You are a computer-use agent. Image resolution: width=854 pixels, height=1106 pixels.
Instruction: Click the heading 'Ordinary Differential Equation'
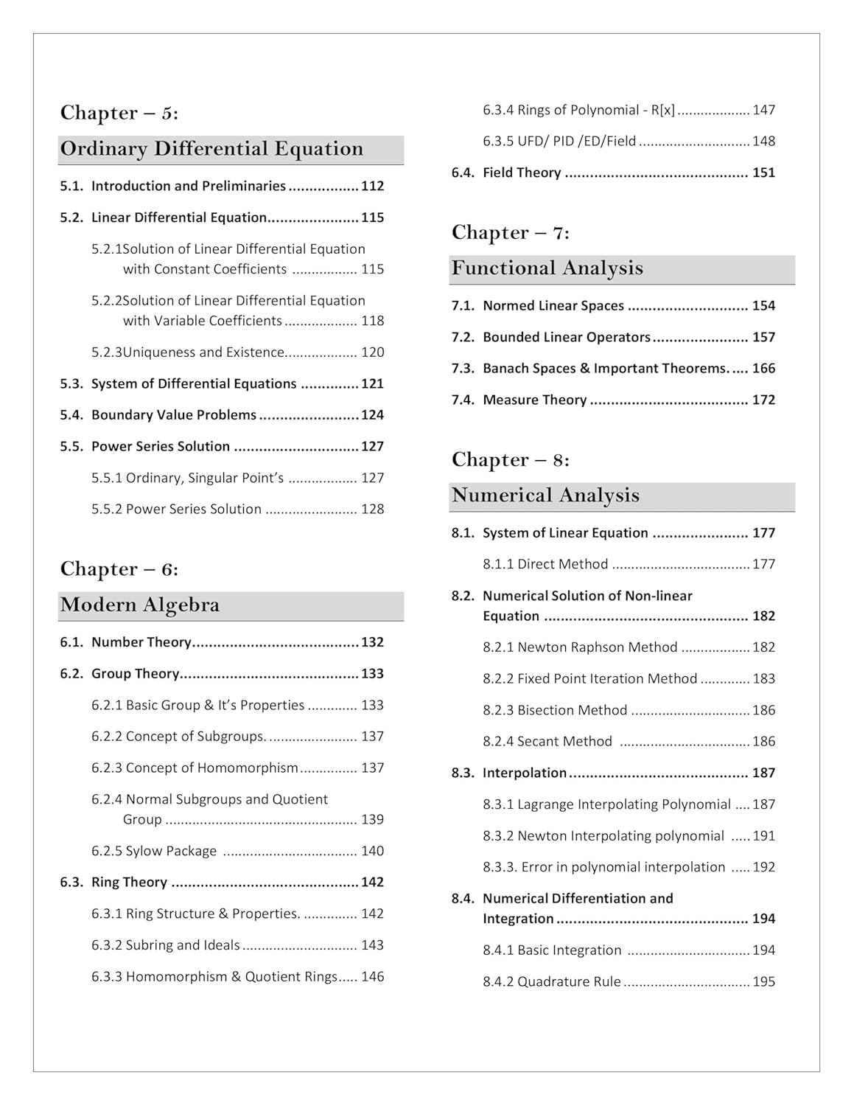(211, 149)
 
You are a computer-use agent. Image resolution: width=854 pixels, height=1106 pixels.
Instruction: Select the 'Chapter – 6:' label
(119, 569)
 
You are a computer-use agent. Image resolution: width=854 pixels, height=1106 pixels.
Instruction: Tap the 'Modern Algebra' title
(140, 605)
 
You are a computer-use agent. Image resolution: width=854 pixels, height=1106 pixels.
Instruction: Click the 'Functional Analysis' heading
(547, 268)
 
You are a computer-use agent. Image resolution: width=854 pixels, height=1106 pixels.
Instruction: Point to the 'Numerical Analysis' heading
(545, 495)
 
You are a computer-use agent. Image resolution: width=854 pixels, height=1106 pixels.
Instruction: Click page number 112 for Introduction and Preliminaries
(372, 187)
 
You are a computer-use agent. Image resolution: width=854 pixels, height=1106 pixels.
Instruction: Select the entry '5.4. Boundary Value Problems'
(158, 415)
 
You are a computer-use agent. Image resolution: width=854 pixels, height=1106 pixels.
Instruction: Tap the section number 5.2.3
(106, 352)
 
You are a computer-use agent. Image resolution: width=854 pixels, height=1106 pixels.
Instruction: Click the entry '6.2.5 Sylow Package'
(154, 851)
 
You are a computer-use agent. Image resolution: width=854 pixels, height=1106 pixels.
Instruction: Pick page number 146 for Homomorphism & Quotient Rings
(372, 977)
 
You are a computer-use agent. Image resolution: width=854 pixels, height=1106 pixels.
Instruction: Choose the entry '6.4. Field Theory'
(506, 173)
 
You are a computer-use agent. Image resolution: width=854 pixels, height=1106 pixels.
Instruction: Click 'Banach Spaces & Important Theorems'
(604, 369)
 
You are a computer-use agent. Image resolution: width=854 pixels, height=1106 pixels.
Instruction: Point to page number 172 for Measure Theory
(763, 400)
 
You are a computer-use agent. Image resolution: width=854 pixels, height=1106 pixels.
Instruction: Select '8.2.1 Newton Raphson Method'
(580, 647)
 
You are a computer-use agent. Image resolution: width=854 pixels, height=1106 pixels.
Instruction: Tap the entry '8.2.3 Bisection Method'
(555, 710)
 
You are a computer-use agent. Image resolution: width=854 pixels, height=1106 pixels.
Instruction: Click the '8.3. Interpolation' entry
(509, 773)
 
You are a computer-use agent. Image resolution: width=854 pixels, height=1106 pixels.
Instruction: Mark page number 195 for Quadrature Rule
(763, 982)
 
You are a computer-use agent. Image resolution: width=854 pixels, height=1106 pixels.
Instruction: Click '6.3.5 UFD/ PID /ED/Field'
(559, 142)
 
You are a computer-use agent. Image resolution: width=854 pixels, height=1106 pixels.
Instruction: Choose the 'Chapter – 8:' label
(510, 460)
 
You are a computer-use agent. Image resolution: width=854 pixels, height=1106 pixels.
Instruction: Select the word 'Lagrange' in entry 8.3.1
(545, 804)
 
